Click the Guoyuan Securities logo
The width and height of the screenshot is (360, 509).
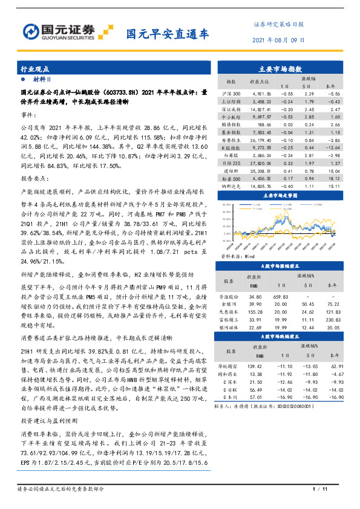(x=67, y=30)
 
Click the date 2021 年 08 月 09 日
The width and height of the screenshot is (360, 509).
(x=278, y=39)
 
